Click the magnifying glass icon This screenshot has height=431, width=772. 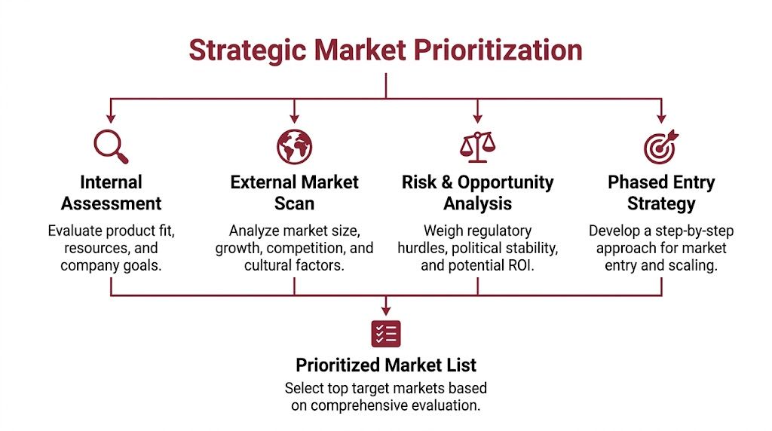(110, 146)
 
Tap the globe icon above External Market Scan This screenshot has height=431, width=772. (294, 146)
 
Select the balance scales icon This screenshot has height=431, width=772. (476, 146)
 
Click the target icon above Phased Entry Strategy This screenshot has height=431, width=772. (660, 146)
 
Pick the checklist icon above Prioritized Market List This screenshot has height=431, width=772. (386, 333)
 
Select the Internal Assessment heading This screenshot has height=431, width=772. (111, 193)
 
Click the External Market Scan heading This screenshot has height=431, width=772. (294, 193)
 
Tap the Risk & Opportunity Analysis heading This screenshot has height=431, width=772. (477, 193)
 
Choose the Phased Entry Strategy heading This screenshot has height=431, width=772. (661, 193)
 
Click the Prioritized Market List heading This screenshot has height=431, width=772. (386, 365)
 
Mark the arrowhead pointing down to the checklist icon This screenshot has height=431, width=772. (386, 309)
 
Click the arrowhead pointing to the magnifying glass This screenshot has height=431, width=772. (111, 118)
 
